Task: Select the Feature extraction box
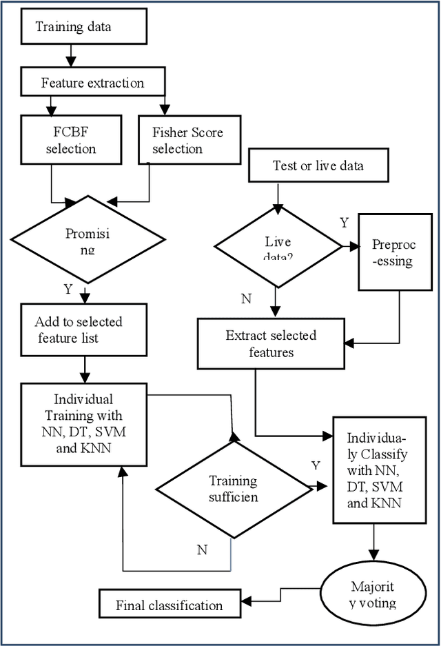coord(92,83)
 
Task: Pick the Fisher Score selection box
coord(187,139)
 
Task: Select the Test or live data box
coord(318,166)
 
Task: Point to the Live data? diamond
coord(278,247)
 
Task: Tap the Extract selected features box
coord(271,343)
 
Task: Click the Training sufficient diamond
coord(233,488)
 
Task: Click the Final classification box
coord(169,605)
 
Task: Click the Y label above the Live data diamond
coord(344,223)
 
